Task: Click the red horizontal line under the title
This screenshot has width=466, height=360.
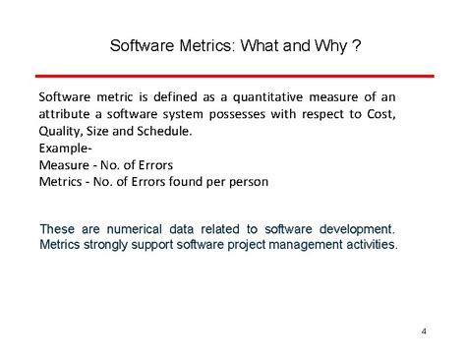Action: point(233,75)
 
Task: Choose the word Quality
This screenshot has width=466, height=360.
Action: point(61,131)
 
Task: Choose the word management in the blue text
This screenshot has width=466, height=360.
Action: point(293,243)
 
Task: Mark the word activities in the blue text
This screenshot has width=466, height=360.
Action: point(366,243)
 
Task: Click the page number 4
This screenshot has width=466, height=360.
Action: point(423,330)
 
